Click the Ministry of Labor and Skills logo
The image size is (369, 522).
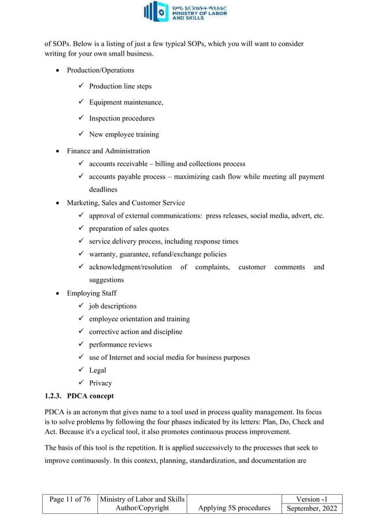point(185,12)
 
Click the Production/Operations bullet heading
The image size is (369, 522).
point(100,70)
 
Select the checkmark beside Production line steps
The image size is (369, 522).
point(82,86)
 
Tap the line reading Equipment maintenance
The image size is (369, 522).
point(126,102)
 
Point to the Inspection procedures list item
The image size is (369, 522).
point(121,119)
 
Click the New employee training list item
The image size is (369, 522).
point(124,135)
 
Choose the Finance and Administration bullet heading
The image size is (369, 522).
point(108,151)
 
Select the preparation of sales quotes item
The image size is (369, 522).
point(128,229)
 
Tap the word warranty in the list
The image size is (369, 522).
point(102,254)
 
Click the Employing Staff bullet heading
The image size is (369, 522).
point(91,293)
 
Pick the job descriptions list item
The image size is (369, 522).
point(113,306)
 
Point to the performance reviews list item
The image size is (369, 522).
point(120,344)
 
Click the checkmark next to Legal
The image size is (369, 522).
point(82,370)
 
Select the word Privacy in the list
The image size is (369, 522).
point(100,383)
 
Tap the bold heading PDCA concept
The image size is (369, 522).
point(91,396)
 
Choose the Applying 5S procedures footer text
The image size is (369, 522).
point(234,508)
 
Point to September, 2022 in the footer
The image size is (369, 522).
point(311,508)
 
